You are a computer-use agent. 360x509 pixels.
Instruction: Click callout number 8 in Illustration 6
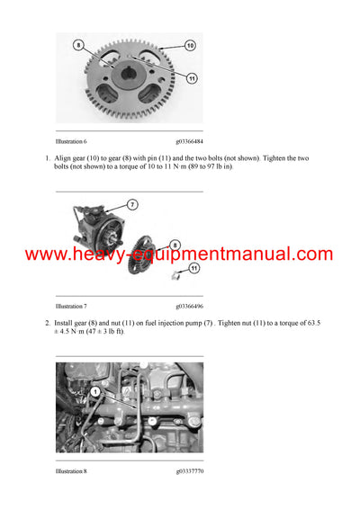(78, 44)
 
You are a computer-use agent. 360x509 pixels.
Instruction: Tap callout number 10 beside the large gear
(190, 44)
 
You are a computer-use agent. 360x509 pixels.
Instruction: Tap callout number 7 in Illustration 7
(131, 205)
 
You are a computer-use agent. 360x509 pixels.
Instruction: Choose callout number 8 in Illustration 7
(175, 244)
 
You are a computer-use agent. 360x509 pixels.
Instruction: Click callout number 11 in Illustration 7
(193, 268)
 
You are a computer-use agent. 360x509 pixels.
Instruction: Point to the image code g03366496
(190, 306)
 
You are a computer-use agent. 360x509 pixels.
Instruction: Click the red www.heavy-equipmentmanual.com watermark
(179, 254)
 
